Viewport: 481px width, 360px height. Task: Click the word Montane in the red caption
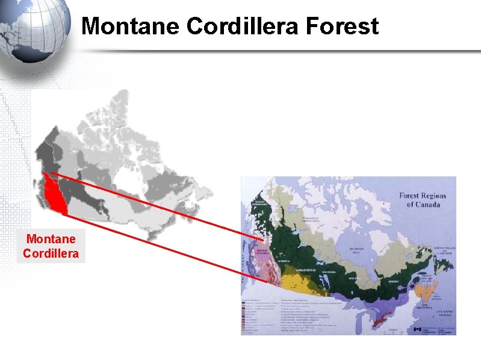coord(51,240)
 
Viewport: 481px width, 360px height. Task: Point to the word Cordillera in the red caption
coord(51,253)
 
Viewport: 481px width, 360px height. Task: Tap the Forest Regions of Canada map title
coord(420,199)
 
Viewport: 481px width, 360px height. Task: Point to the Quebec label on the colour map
coord(378,281)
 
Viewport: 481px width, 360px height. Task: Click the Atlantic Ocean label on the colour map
coord(444,312)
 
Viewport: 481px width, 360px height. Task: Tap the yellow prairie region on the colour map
coord(295,282)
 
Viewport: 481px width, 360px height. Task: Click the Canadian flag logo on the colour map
coord(418,329)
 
